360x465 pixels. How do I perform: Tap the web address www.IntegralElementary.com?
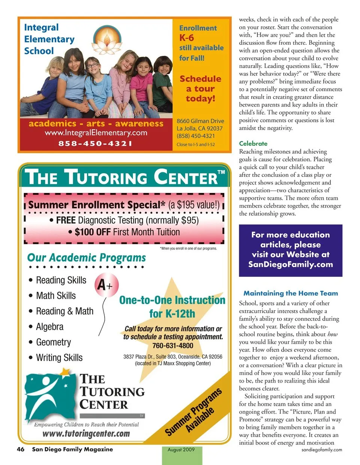coord(96,133)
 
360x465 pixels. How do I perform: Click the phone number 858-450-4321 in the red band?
coord(95,143)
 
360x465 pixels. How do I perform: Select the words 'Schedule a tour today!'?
coord(200,88)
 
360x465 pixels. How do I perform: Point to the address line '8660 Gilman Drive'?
coord(200,121)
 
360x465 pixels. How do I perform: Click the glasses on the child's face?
coord(93,66)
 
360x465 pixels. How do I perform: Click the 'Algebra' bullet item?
coord(49,327)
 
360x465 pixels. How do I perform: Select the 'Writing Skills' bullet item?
coord(59,357)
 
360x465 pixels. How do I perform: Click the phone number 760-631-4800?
coord(172,345)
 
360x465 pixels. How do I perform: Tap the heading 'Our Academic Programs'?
coord(86,258)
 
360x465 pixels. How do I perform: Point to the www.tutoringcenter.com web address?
coord(86,434)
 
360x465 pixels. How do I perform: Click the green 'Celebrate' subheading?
coord(253,144)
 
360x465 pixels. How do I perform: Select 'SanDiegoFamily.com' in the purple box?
coord(290,264)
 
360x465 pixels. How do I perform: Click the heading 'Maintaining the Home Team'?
coord(291,293)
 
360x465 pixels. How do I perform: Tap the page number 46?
coord(21,449)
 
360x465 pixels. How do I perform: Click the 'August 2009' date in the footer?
coord(181,450)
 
